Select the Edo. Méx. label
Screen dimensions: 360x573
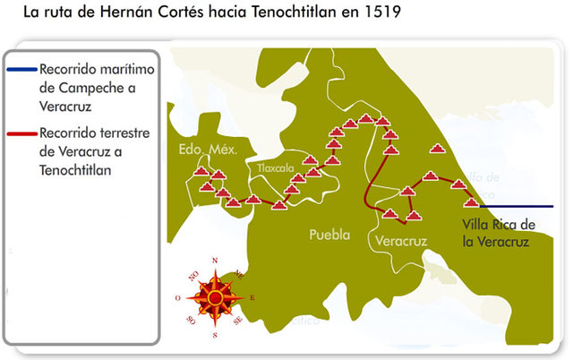[x=206, y=150]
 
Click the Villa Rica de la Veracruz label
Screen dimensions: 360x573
[x=499, y=232]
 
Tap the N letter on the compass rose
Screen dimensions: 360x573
[x=215, y=261]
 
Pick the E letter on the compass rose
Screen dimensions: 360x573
[x=252, y=297]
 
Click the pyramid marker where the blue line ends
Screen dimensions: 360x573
[x=472, y=203]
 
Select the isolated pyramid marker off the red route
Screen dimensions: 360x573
[x=437, y=150]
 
